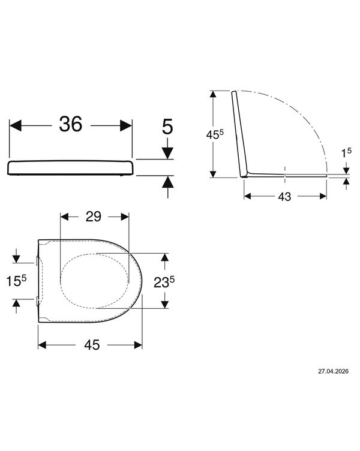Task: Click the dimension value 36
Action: pyautogui.click(x=71, y=124)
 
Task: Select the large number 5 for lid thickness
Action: pyautogui.click(x=167, y=127)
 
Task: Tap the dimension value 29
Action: pyautogui.click(x=94, y=217)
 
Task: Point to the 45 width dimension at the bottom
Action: pyautogui.click(x=92, y=345)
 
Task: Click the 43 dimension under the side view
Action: pyautogui.click(x=284, y=197)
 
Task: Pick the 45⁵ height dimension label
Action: pyautogui.click(x=215, y=134)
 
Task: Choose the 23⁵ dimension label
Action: pyautogui.click(x=164, y=282)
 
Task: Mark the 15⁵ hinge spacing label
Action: pyautogui.click(x=16, y=281)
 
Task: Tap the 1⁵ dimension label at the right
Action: pyautogui.click(x=346, y=152)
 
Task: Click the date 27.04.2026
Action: pyautogui.click(x=333, y=371)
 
